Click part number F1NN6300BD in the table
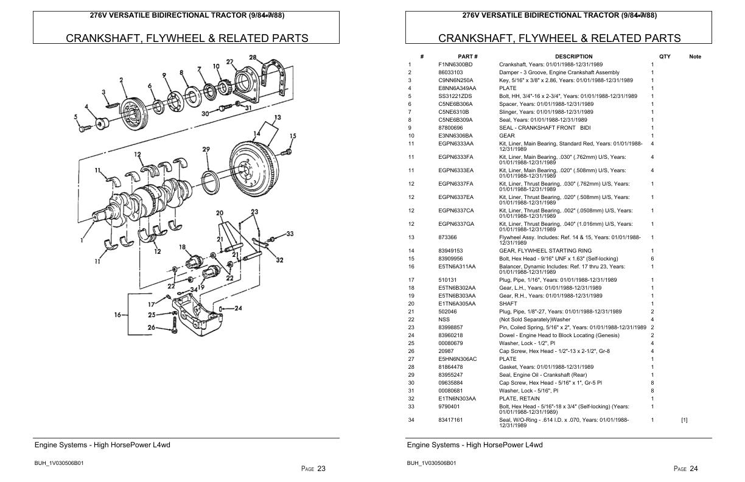point(455,65)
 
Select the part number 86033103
point(450,72)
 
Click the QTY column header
point(665,57)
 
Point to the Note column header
point(694,57)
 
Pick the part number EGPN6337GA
point(456,224)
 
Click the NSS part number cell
point(444,320)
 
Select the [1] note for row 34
point(684,420)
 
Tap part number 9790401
point(449,407)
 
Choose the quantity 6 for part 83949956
point(652,259)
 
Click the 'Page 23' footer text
point(313,469)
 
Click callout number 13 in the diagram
point(278,117)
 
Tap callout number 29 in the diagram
point(206,149)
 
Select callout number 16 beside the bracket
point(117,315)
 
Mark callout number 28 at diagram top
point(252,58)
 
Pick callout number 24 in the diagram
point(238,308)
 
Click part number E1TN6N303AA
point(456,399)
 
